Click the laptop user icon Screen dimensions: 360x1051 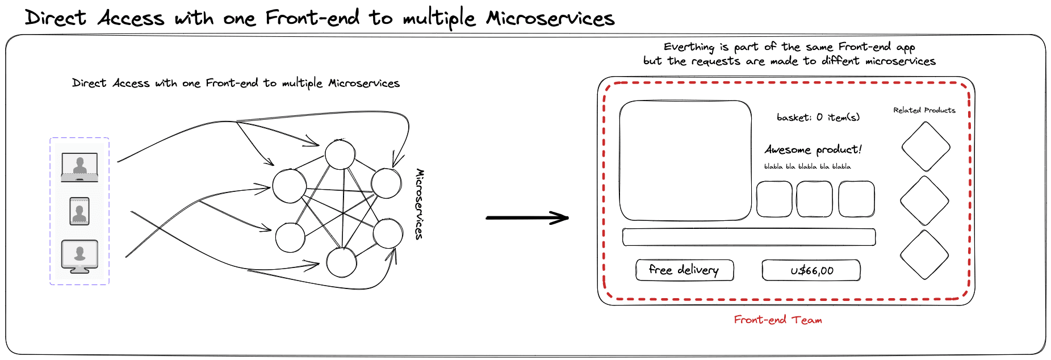coord(79,167)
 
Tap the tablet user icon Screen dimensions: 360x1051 coord(79,211)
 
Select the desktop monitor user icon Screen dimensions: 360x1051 coord(79,256)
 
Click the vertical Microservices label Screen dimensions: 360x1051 coord(420,204)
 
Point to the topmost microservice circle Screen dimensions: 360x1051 coord(340,154)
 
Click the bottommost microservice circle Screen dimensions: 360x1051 coord(341,262)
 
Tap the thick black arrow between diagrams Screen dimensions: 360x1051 coord(527,217)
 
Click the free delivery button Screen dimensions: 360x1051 coord(684,270)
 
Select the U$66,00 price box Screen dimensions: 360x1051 coord(811,270)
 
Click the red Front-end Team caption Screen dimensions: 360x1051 coord(777,320)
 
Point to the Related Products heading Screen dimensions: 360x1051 coord(924,110)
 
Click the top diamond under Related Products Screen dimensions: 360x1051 coord(926,146)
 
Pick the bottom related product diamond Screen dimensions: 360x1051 coord(924,255)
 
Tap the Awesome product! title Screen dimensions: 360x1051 coord(813,149)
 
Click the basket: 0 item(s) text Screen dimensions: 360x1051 coord(818,118)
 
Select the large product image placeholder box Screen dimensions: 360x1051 coord(685,160)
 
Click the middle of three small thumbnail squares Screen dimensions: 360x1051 coord(814,199)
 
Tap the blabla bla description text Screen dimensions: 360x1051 coord(807,166)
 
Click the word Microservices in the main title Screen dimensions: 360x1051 coord(550,18)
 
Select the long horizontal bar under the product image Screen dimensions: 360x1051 coord(748,237)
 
